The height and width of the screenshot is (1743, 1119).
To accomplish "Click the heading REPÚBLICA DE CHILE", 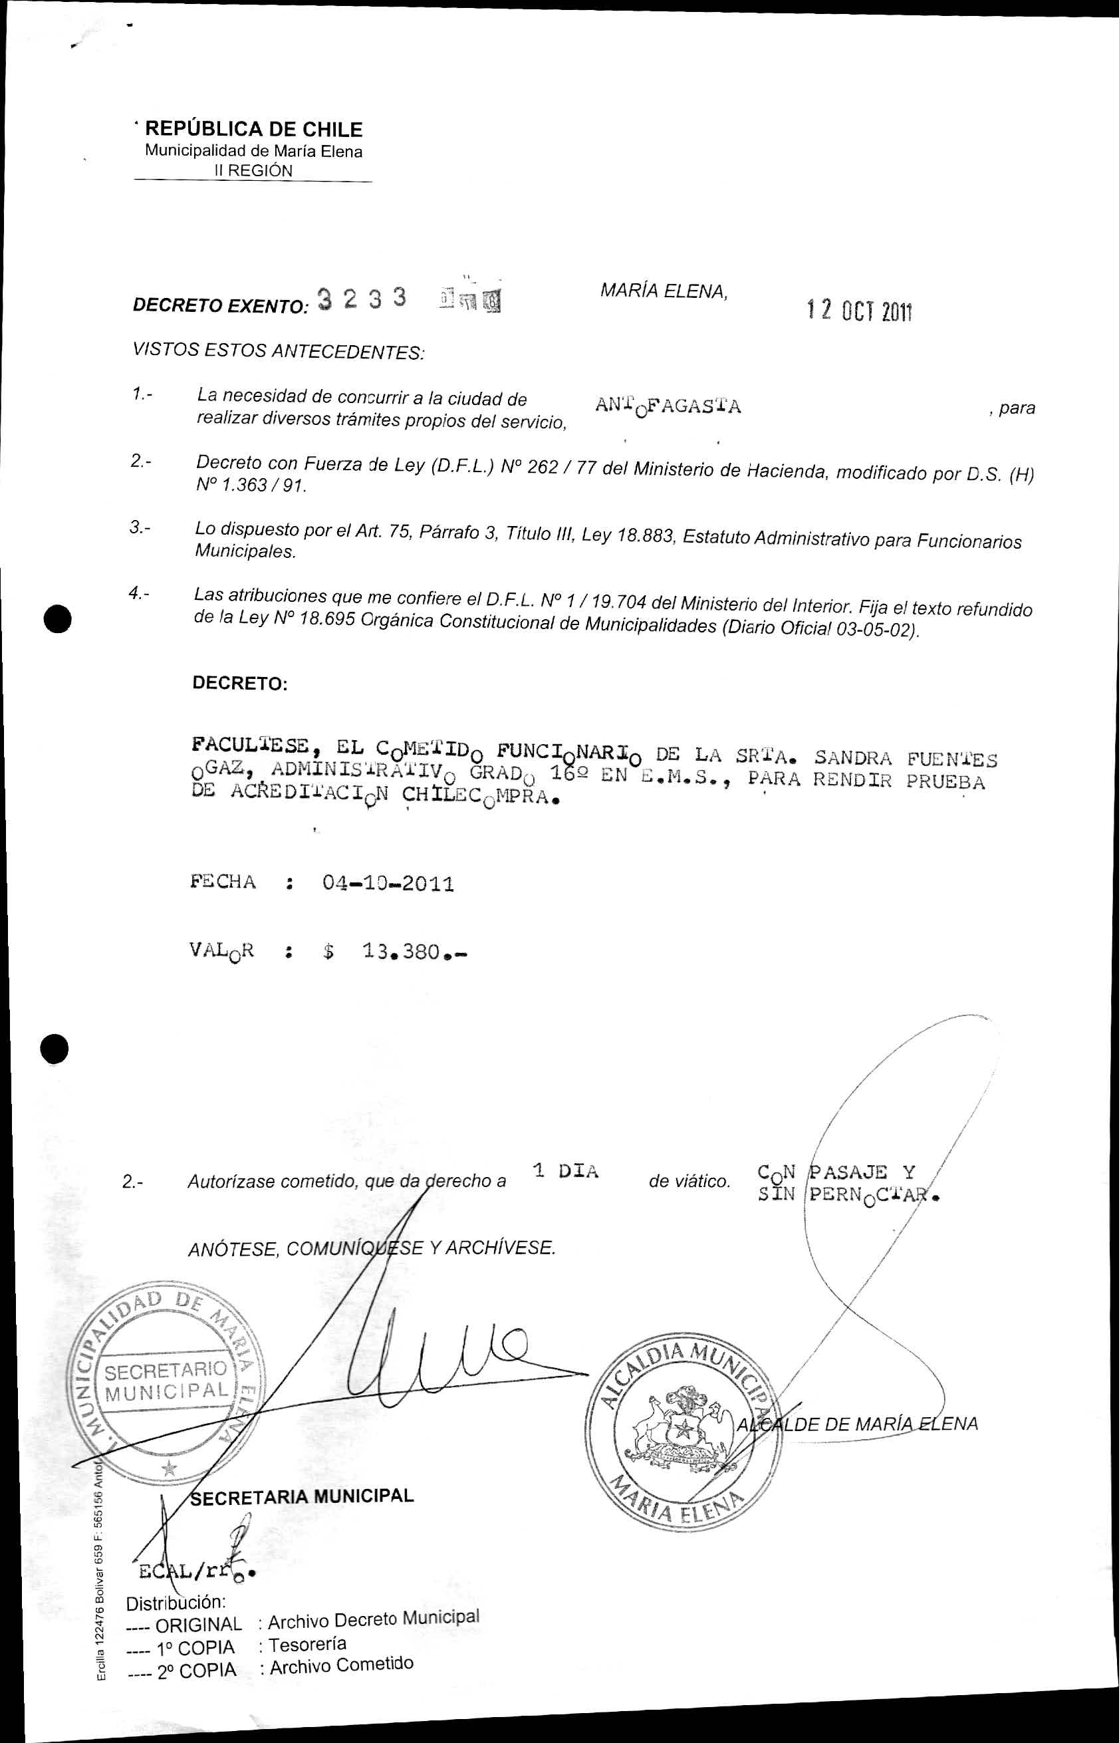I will coord(253,129).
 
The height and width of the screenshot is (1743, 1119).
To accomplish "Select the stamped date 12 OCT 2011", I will coord(859,312).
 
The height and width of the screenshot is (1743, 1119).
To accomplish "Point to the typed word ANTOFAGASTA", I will coord(668,406).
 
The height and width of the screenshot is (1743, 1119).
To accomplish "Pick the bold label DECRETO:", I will coord(240,684).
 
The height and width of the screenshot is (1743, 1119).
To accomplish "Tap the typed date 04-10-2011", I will coord(388,884).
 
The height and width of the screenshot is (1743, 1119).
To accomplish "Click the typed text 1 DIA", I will coord(565,1170).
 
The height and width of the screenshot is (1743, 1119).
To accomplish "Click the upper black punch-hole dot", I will coord(57,618).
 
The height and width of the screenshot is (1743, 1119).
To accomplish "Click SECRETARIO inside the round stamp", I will coord(166,1371).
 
